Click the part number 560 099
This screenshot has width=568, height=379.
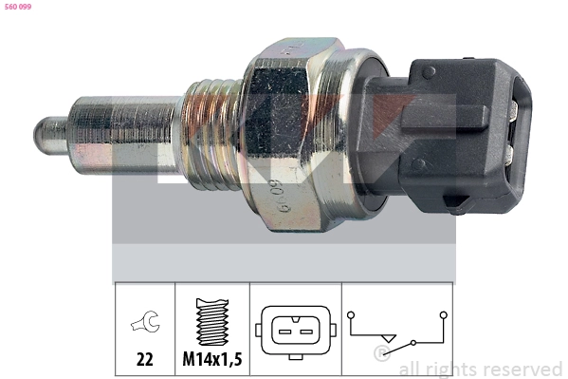coord(18,6)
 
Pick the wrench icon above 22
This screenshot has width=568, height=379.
coord(145,325)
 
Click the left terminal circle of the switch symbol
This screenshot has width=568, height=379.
coord(352,314)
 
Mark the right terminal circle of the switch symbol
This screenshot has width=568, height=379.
coord(442,314)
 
